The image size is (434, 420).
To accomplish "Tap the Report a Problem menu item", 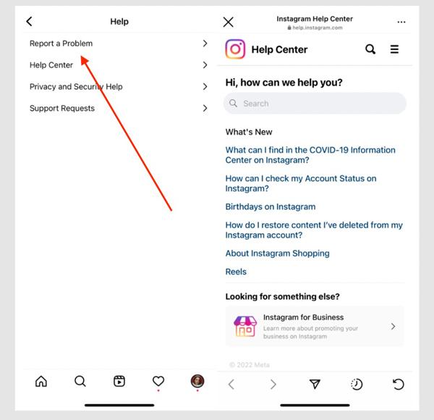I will coord(61,43).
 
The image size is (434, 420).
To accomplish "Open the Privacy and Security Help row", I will coord(76,87).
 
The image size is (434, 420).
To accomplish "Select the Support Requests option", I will coord(62,109).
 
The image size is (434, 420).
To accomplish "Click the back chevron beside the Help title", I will coord(29,22).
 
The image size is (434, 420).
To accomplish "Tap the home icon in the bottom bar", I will coord(41,382).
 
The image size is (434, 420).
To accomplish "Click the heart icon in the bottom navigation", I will coord(158,382).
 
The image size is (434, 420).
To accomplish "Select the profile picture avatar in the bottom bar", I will coord(197,382).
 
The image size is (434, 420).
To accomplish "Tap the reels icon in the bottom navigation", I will coord(119,382).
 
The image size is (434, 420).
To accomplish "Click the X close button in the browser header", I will coord(229,22).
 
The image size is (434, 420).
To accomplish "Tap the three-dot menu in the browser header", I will coord(401,22).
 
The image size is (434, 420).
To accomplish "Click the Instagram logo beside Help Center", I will coord(235,49).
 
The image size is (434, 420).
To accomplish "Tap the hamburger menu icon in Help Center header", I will coord(394,49).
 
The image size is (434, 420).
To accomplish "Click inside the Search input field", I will coord(315,104).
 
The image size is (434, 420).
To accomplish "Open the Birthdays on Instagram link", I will coord(271,207).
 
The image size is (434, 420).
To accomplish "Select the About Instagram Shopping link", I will coord(277,253).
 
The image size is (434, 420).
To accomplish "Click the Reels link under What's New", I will coord(236,272).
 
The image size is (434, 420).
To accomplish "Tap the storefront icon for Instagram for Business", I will coord(245,326).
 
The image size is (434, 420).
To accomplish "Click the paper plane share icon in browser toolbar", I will coord(315,385).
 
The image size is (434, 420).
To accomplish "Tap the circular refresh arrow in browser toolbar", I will coord(398,385).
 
